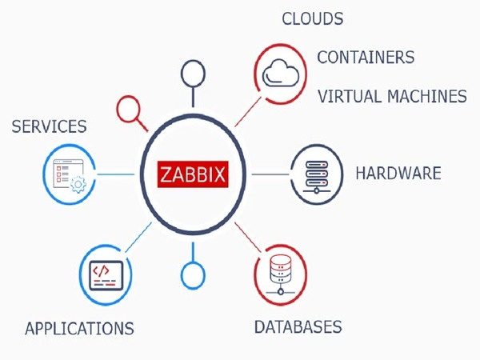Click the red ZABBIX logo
193,174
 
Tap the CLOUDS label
312,19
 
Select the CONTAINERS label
366,58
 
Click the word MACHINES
428,97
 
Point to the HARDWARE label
398,173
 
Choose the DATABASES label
298,327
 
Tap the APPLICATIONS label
79,329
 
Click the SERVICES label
49,126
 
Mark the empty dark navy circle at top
193,74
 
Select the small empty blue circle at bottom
193,274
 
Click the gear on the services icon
78,184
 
